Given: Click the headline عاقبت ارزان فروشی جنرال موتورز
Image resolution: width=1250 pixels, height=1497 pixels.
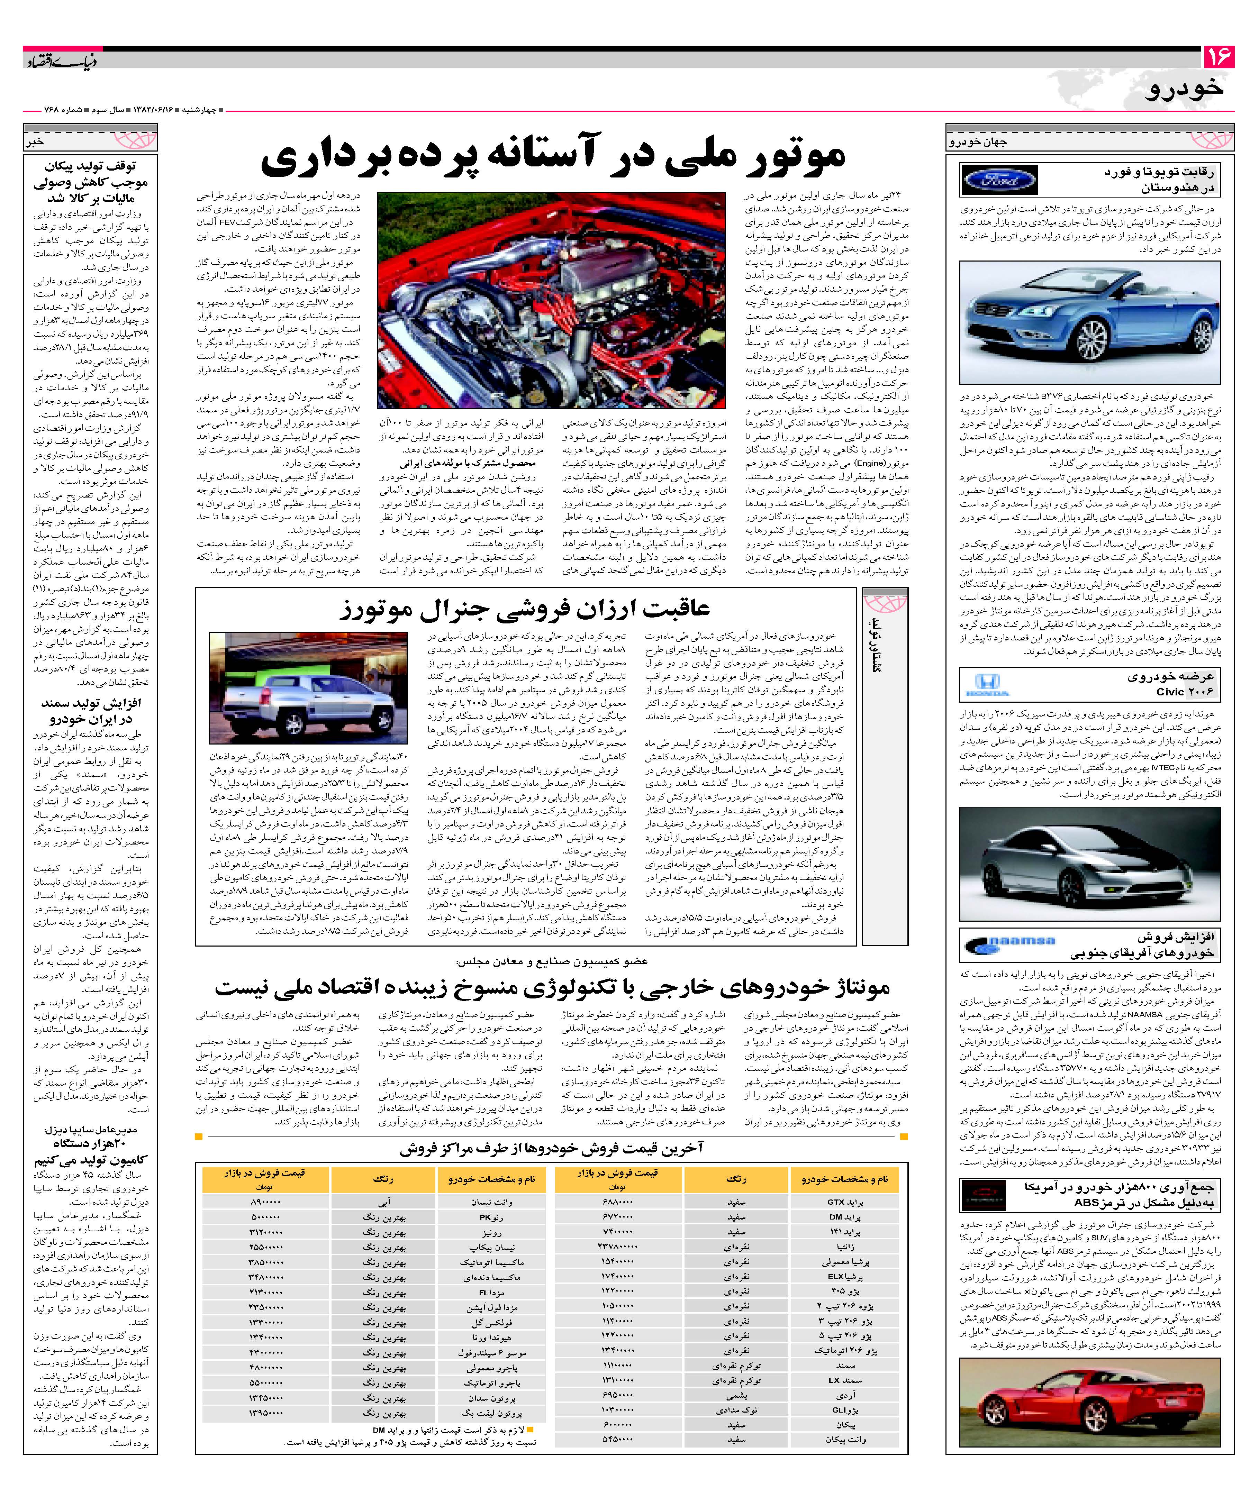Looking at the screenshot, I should (x=524, y=610).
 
